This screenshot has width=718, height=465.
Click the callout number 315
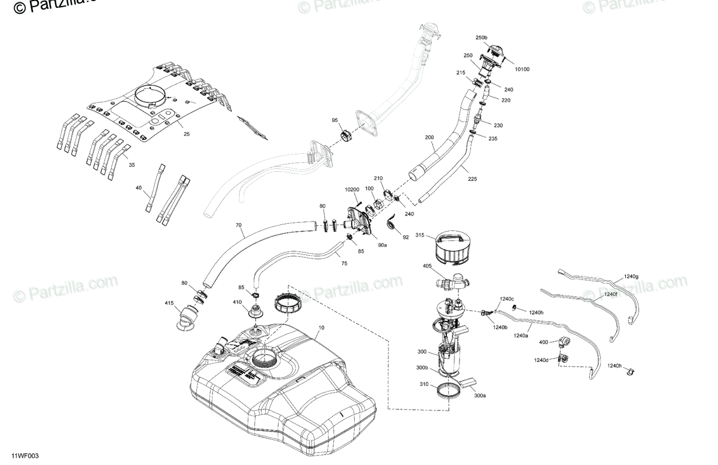pyautogui.click(x=420, y=236)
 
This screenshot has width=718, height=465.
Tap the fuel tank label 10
pyautogui.click(x=321, y=328)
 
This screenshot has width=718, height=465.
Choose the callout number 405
pyautogui.click(x=427, y=266)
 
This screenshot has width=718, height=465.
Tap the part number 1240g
pyautogui.click(x=631, y=276)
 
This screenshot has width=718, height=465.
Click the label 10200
pyautogui.click(x=352, y=190)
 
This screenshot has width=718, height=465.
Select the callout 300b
pyautogui.click(x=422, y=367)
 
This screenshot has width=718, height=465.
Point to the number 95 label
pyautogui.click(x=335, y=121)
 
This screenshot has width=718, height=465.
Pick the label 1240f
pyautogui.click(x=610, y=294)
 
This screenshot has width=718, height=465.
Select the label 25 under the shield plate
pyautogui.click(x=187, y=134)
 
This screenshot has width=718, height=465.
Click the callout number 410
pyautogui.click(x=237, y=302)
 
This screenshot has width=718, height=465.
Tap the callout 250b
pyautogui.click(x=482, y=38)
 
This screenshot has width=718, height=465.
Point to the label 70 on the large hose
pyautogui.click(x=238, y=226)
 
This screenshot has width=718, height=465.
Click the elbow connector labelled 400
pyautogui.click(x=564, y=343)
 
